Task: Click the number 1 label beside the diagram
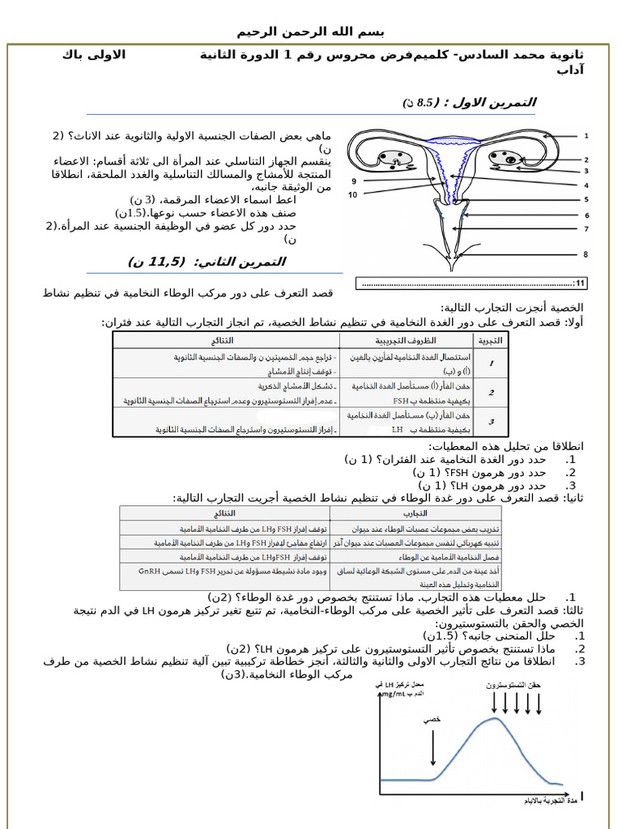click(586, 136)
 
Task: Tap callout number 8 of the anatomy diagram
click(586, 254)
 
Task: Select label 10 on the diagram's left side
click(353, 195)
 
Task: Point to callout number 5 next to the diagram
click(586, 199)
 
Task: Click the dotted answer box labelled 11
click(471, 283)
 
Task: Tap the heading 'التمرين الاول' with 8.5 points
click(470, 103)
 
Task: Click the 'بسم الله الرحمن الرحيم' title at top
click(310, 32)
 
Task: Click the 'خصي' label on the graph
click(432, 718)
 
